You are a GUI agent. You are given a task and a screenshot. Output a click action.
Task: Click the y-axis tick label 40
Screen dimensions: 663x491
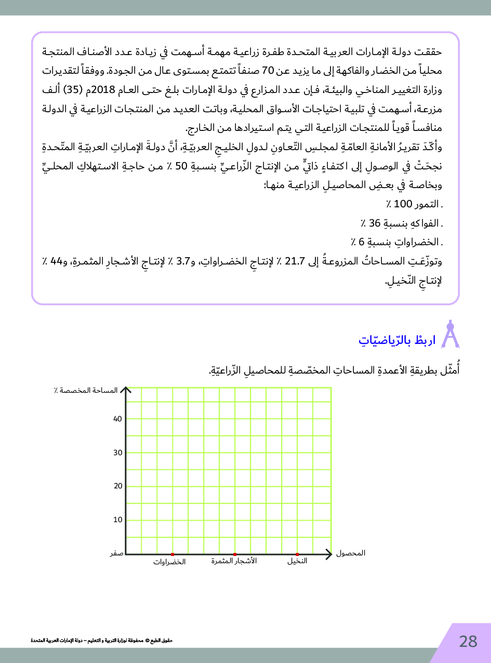tap(117, 419)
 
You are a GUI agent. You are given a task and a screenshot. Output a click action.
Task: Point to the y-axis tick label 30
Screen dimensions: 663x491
tap(117, 453)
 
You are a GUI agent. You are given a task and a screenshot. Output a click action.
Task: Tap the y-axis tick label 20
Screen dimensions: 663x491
tap(117, 486)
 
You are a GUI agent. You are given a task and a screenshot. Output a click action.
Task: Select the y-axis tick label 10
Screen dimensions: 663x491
tap(117, 520)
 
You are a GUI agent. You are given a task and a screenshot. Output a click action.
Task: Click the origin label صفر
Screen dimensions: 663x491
tap(116, 554)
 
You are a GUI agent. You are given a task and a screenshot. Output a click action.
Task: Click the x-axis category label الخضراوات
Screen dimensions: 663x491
tap(169, 562)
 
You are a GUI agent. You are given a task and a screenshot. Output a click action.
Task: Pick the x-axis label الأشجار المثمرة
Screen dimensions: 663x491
tap(234, 561)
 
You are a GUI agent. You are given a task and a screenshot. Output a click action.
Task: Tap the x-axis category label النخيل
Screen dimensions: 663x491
tap(297, 561)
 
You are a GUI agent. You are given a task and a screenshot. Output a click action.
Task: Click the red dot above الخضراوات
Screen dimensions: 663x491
tap(172, 554)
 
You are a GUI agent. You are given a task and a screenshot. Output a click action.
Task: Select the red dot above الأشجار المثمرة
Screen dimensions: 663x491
tap(235, 554)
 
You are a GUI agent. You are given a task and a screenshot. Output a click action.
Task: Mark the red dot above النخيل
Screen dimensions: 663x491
tap(297, 554)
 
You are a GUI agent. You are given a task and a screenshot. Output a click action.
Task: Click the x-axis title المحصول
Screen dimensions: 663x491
tap(351, 553)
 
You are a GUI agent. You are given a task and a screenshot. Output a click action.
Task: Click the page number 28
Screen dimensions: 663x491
tap(468, 642)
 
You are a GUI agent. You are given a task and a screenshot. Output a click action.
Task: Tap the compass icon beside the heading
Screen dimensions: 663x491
tap(450, 334)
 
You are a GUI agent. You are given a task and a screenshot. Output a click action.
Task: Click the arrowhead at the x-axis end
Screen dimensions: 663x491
tap(328, 554)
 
